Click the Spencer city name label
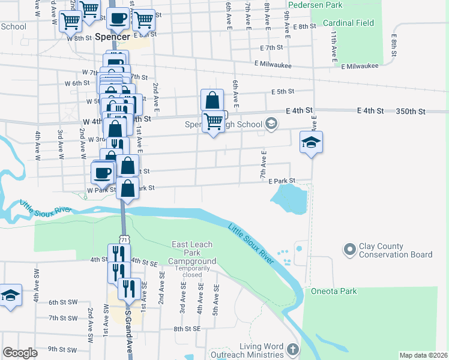coord(112,37)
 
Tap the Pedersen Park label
coord(315,5)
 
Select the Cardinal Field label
coord(348,23)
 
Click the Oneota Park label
coord(334,292)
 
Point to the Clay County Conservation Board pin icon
coord(349,248)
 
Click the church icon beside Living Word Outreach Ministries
coord(292,349)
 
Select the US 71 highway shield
coord(124,239)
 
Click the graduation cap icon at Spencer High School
coord(271,124)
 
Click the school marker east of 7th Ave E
coord(311,143)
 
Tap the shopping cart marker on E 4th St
coord(214,122)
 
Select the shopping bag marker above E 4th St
coord(212,100)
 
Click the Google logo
coord(20,353)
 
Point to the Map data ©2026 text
coord(423,355)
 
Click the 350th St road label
coord(411,112)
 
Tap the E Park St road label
coord(283,181)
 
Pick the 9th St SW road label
coord(63,349)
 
